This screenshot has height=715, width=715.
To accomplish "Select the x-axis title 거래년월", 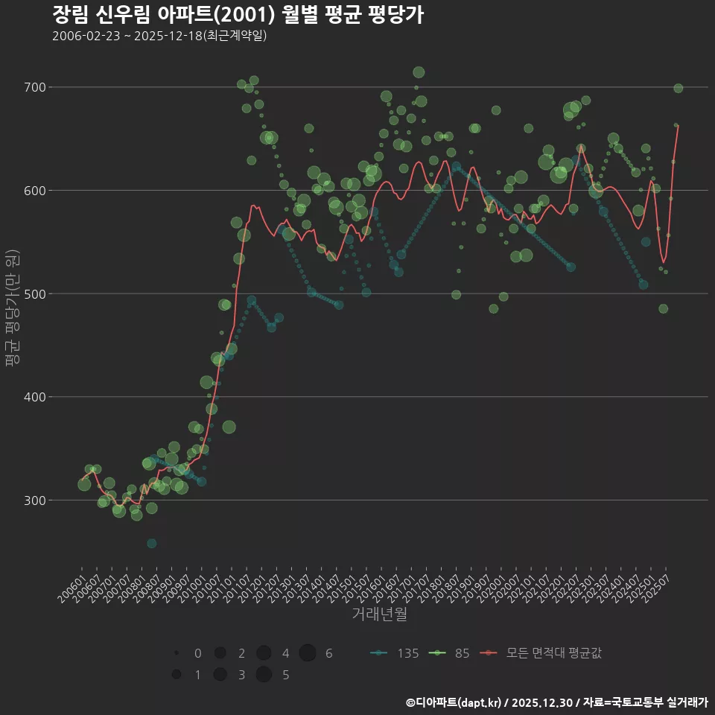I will pos(380,614).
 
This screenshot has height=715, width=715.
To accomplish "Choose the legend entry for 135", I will pos(395,653).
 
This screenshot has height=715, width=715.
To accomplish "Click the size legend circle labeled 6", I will pos(308,653).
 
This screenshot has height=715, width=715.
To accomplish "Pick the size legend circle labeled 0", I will pos(177,653).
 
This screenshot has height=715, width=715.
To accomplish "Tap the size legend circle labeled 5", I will pos(264,675).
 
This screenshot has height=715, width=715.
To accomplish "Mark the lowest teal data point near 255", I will pos(151,544).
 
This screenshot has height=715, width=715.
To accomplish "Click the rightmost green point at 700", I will pos(678,89).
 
